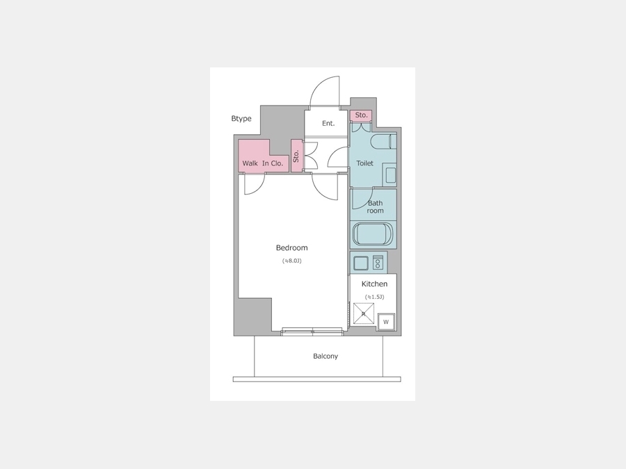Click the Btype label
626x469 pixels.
tap(241, 118)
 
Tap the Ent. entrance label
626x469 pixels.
tap(328, 123)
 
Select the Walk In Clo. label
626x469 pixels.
tap(263, 163)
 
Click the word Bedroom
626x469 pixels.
tap(292, 247)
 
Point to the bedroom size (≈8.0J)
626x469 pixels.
tap(292, 261)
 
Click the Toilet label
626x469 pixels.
tap(365, 163)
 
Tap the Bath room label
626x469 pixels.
tap(376, 206)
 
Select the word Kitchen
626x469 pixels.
tap(374, 284)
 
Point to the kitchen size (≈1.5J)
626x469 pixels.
tap(374, 297)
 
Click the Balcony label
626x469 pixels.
tap(326, 356)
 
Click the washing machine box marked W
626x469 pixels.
tap(386, 322)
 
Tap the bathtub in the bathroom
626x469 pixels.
tap(374, 233)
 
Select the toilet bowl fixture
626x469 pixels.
tap(383, 142)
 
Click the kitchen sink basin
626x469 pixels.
tap(361, 263)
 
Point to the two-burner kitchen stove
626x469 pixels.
tap(378, 263)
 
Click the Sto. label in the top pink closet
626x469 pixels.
tap(361, 115)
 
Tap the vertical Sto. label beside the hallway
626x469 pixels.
tap(296, 156)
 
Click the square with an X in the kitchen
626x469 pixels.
tap(364, 313)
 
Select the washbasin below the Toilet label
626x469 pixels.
tap(390, 174)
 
